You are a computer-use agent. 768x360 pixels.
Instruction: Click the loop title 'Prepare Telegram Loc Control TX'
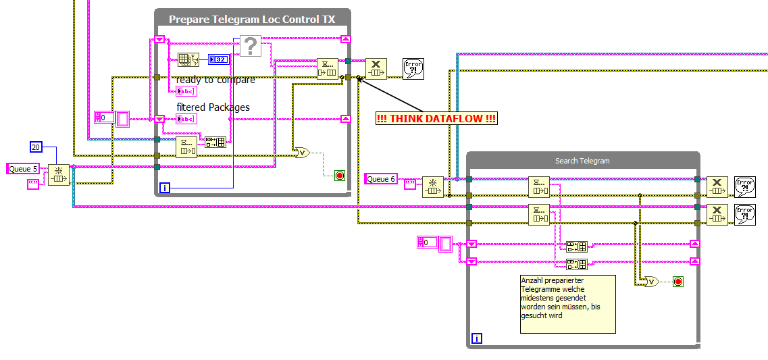(x=252, y=20)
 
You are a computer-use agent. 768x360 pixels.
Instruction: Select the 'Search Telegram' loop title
(x=582, y=161)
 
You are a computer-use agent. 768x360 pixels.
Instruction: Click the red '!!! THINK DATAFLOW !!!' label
(x=437, y=119)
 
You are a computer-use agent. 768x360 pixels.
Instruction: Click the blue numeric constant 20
(x=37, y=147)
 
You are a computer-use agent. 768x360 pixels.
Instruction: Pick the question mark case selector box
(x=250, y=47)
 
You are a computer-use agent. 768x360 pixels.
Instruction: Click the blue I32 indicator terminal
(x=218, y=59)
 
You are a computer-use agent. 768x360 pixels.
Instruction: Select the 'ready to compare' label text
(x=215, y=80)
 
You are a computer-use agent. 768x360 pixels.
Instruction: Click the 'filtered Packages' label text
(x=213, y=107)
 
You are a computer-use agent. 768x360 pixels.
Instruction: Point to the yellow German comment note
(x=567, y=303)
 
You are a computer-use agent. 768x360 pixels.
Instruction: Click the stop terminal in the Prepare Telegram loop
(x=339, y=176)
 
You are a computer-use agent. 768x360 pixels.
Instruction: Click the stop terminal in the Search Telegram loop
(x=677, y=281)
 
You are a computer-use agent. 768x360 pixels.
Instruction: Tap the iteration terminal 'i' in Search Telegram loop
(x=477, y=338)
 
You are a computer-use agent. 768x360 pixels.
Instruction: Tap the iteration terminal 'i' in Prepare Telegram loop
(x=164, y=187)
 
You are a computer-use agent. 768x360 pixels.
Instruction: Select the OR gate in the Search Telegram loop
(x=651, y=281)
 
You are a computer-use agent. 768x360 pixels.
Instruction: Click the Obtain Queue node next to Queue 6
(x=432, y=186)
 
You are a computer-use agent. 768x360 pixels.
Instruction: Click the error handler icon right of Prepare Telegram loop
(x=413, y=69)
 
